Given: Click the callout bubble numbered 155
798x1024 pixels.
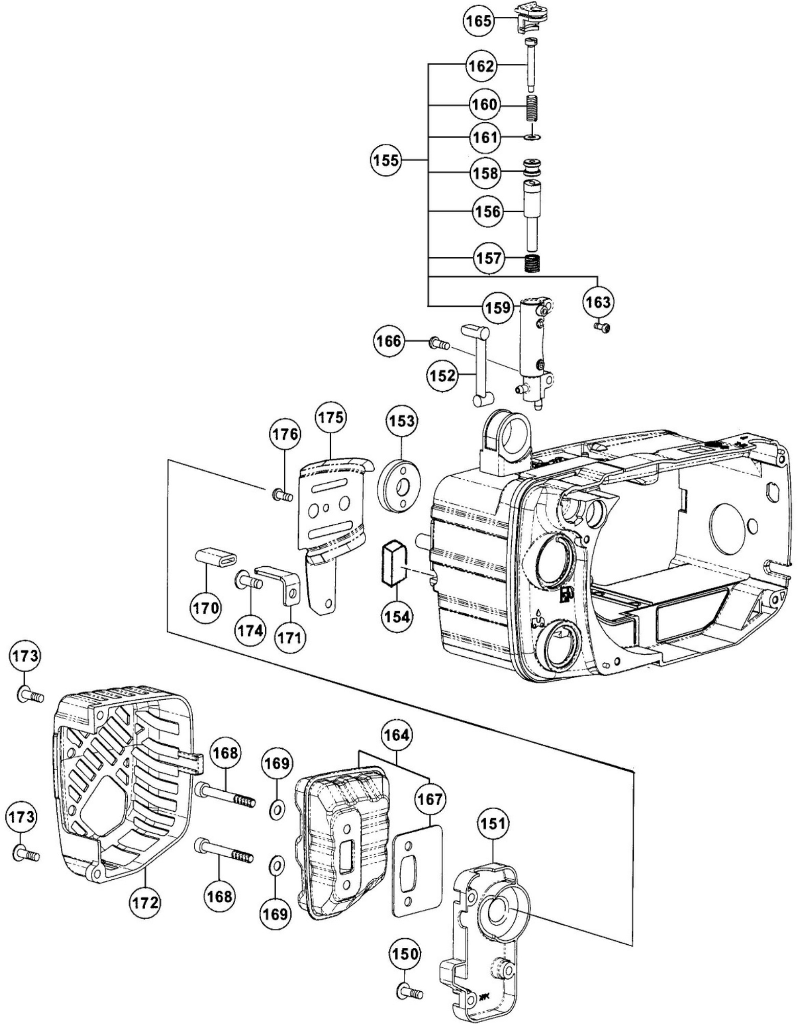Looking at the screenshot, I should coord(386,160).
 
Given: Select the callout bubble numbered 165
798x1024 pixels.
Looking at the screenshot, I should coord(479,21).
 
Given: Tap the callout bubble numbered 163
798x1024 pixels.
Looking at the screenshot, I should coord(598,302).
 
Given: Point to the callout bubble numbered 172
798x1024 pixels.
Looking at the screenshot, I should coord(145,903).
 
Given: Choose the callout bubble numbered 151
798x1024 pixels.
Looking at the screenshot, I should coord(493,824).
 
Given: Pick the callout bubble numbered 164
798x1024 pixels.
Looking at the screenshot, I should coord(397,736).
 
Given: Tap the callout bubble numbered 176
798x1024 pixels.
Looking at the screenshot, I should coord(284,434).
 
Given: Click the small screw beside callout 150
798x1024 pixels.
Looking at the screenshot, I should coord(409,992).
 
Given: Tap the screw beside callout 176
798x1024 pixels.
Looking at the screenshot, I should coord(282,495).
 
